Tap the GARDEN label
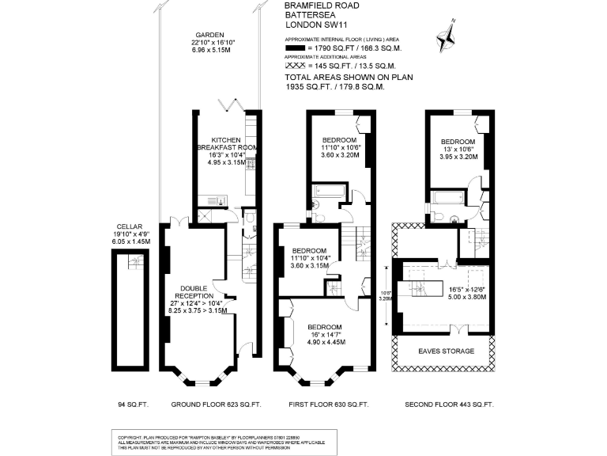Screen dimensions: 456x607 [x=210, y=35]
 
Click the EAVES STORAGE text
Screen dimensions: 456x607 [x=447, y=351]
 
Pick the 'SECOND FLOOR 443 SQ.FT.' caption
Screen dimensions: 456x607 [x=448, y=405]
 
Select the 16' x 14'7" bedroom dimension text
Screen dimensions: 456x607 [x=325, y=335]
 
